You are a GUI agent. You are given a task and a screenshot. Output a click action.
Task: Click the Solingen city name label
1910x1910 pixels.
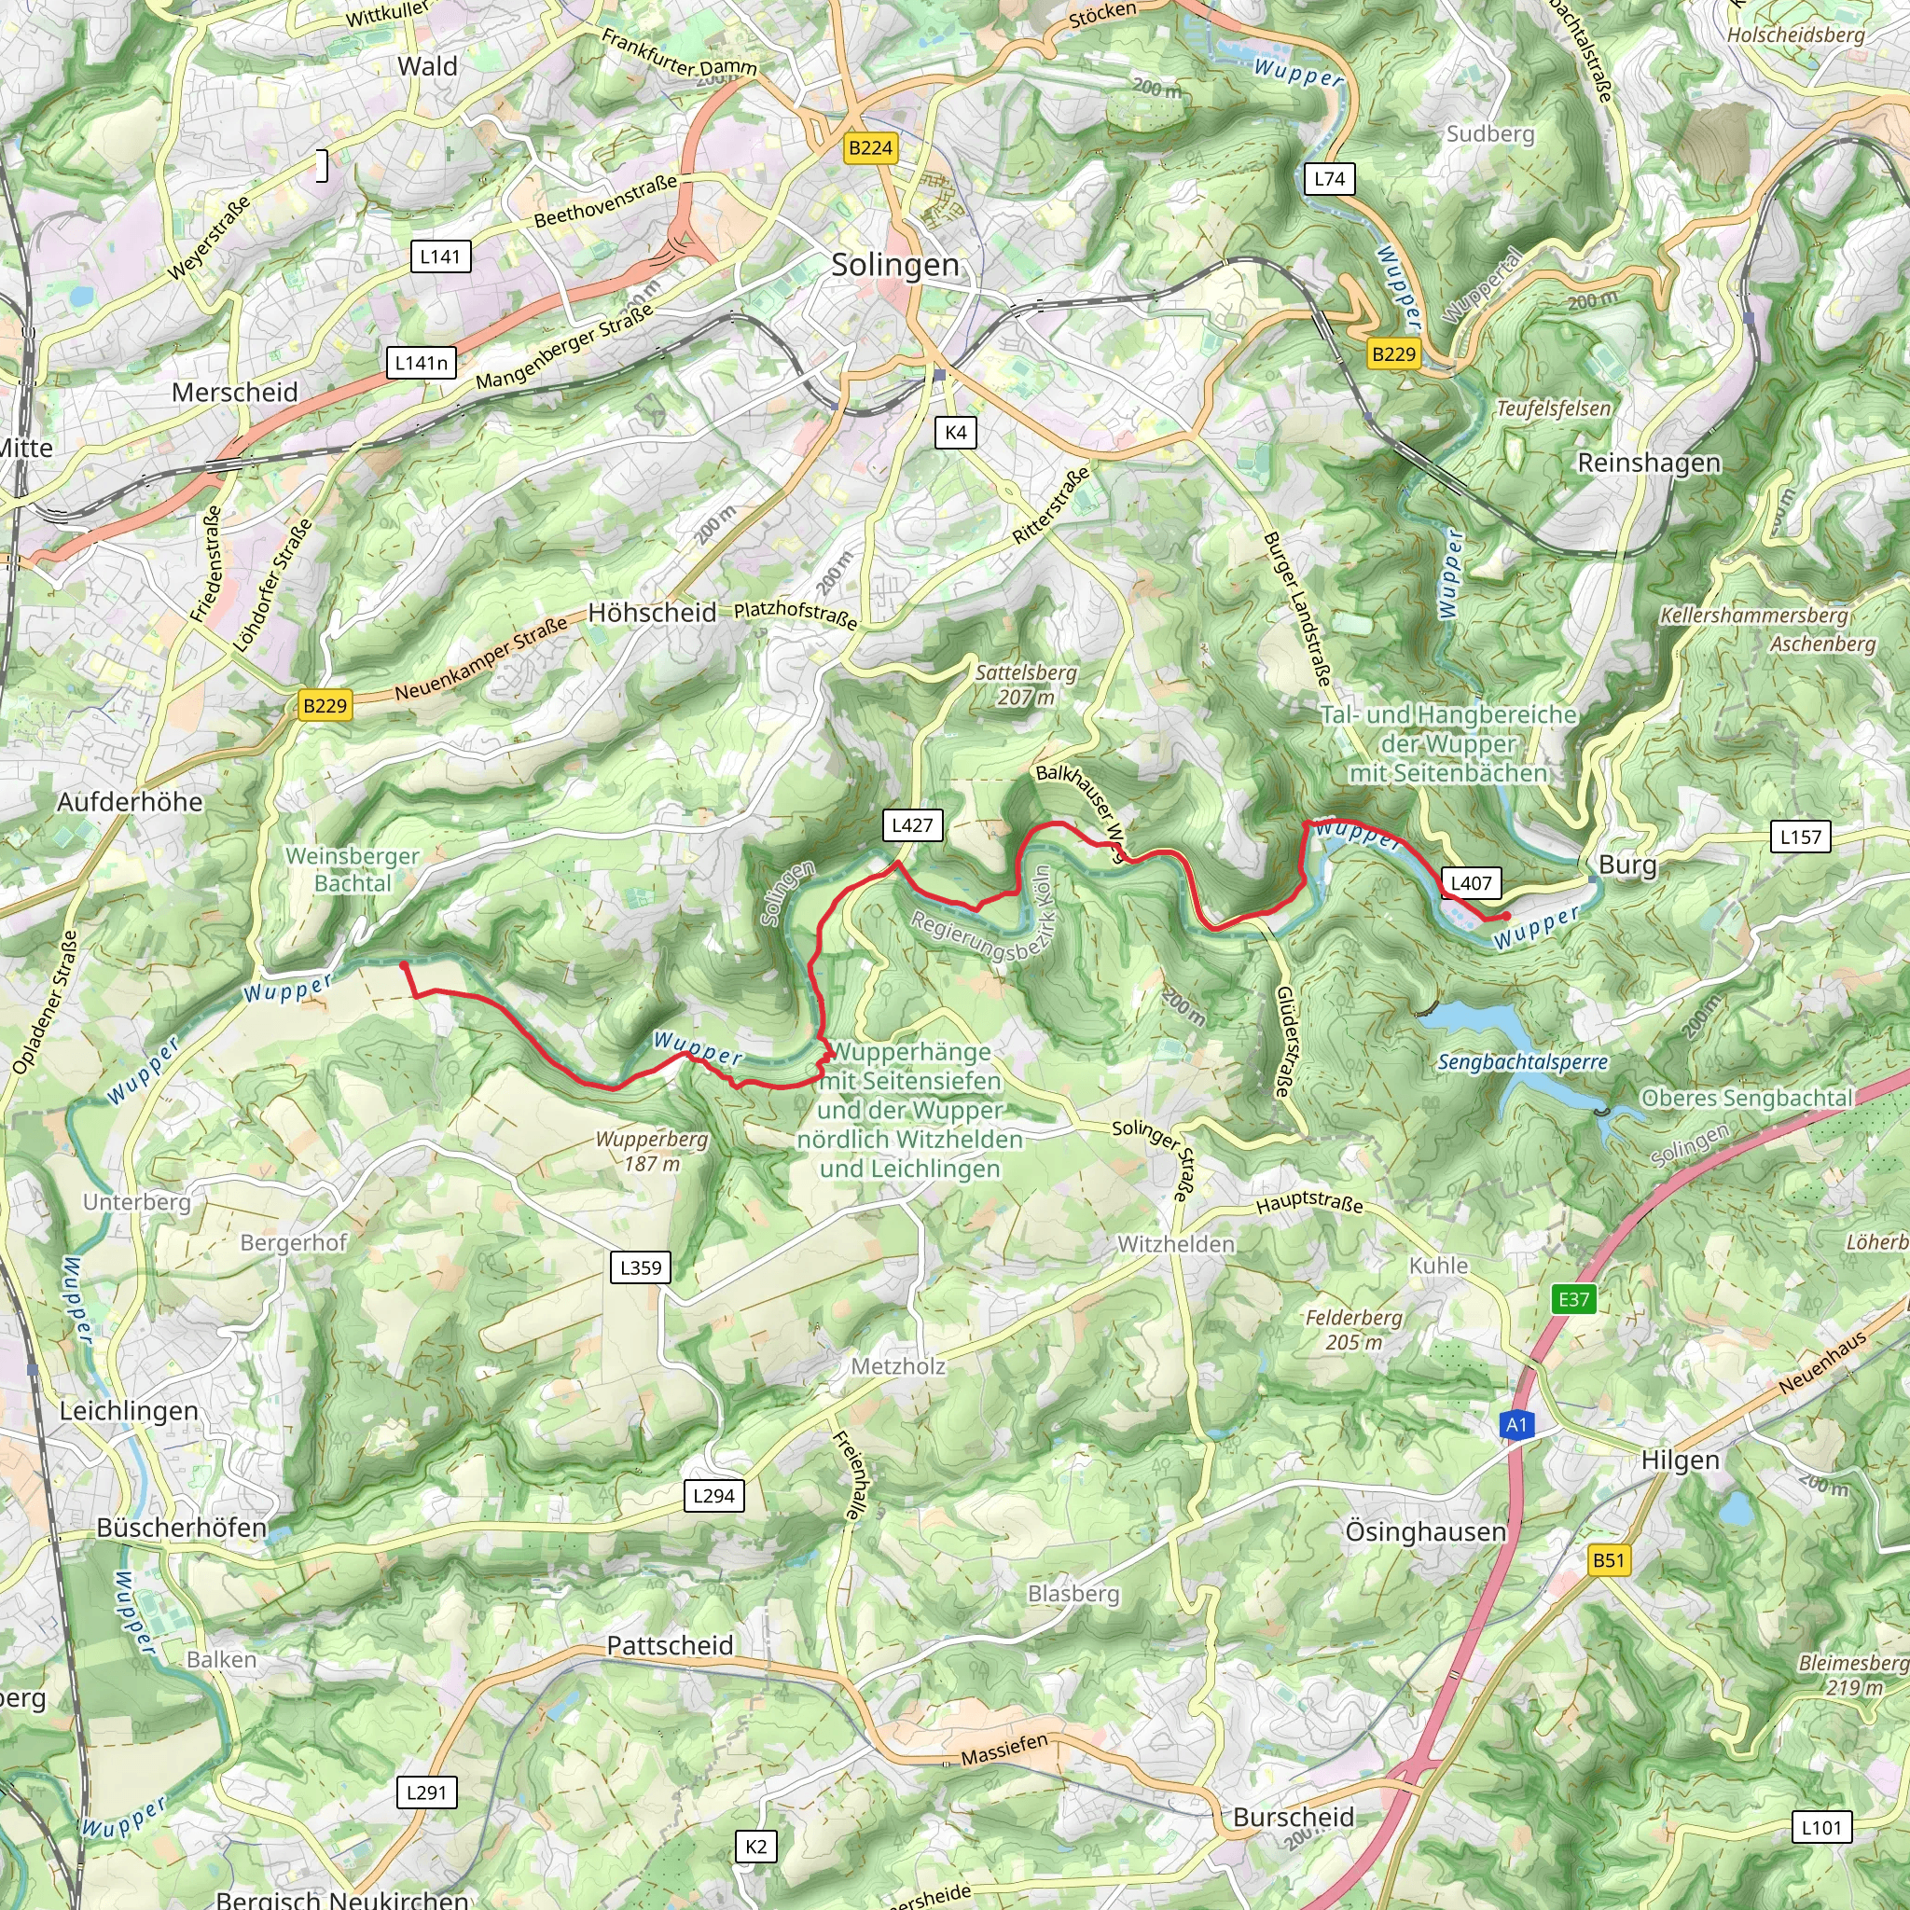[894, 265]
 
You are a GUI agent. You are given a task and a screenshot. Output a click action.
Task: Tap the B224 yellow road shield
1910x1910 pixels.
[870, 148]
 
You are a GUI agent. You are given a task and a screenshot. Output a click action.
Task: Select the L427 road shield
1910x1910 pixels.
[911, 825]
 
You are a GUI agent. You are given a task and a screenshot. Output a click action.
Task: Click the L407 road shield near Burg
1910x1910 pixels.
[1471, 883]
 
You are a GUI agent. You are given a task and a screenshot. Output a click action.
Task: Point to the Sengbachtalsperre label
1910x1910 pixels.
[1522, 1063]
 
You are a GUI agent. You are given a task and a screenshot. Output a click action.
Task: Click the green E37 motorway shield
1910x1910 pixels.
[1574, 1299]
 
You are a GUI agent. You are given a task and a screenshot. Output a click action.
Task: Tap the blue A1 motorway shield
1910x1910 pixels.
[1516, 1425]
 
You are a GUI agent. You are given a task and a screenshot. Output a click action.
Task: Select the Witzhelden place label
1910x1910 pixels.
[1175, 1244]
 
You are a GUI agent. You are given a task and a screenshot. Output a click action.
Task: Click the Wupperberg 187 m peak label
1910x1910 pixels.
[652, 1151]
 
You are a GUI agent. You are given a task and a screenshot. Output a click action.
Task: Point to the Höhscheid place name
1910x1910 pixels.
[653, 613]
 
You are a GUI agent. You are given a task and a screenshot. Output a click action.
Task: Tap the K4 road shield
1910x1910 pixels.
[955, 432]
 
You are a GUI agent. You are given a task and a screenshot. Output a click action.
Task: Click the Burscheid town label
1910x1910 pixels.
[1294, 1817]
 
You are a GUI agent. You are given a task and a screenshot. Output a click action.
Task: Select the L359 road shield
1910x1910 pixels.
[641, 1267]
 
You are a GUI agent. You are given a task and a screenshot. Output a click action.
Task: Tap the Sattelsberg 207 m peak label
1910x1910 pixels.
[1026, 685]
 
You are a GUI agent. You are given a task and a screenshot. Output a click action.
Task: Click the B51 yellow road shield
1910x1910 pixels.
[1609, 1560]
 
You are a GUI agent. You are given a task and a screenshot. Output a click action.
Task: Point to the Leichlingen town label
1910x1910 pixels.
[129, 1411]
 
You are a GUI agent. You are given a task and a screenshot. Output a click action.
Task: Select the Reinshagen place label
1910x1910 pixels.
[1649, 463]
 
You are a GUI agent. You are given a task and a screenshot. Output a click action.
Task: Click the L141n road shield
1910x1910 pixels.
[422, 363]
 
